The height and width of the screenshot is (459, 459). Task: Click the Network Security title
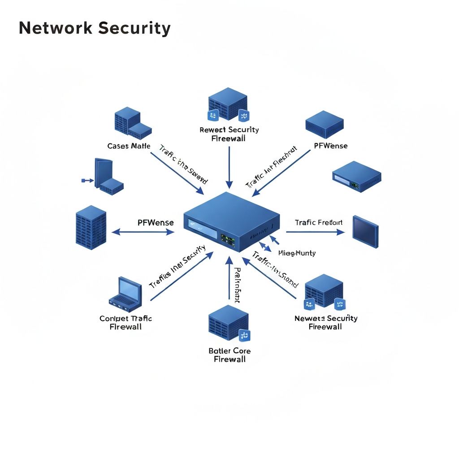click(95, 28)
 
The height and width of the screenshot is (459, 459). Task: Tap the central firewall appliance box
click(231, 222)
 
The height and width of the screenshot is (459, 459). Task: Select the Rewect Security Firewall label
click(229, 134)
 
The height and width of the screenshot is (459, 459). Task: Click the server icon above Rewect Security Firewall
click(228, 104)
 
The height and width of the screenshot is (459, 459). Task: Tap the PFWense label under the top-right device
click(331, 146)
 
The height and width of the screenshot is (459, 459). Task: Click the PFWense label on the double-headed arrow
click(155, 222)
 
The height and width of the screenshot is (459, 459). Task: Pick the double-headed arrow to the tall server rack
click(143, 232)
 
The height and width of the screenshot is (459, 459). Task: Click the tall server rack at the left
click(91, 228)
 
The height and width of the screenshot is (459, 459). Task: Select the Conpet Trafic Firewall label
click(126, 322)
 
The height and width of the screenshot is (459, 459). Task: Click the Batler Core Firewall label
click(229, 355)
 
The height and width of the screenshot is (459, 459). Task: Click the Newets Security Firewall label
click(326, 322)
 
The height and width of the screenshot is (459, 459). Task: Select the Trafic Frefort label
click(319, 222)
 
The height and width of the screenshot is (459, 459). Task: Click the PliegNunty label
click(297, 253)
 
